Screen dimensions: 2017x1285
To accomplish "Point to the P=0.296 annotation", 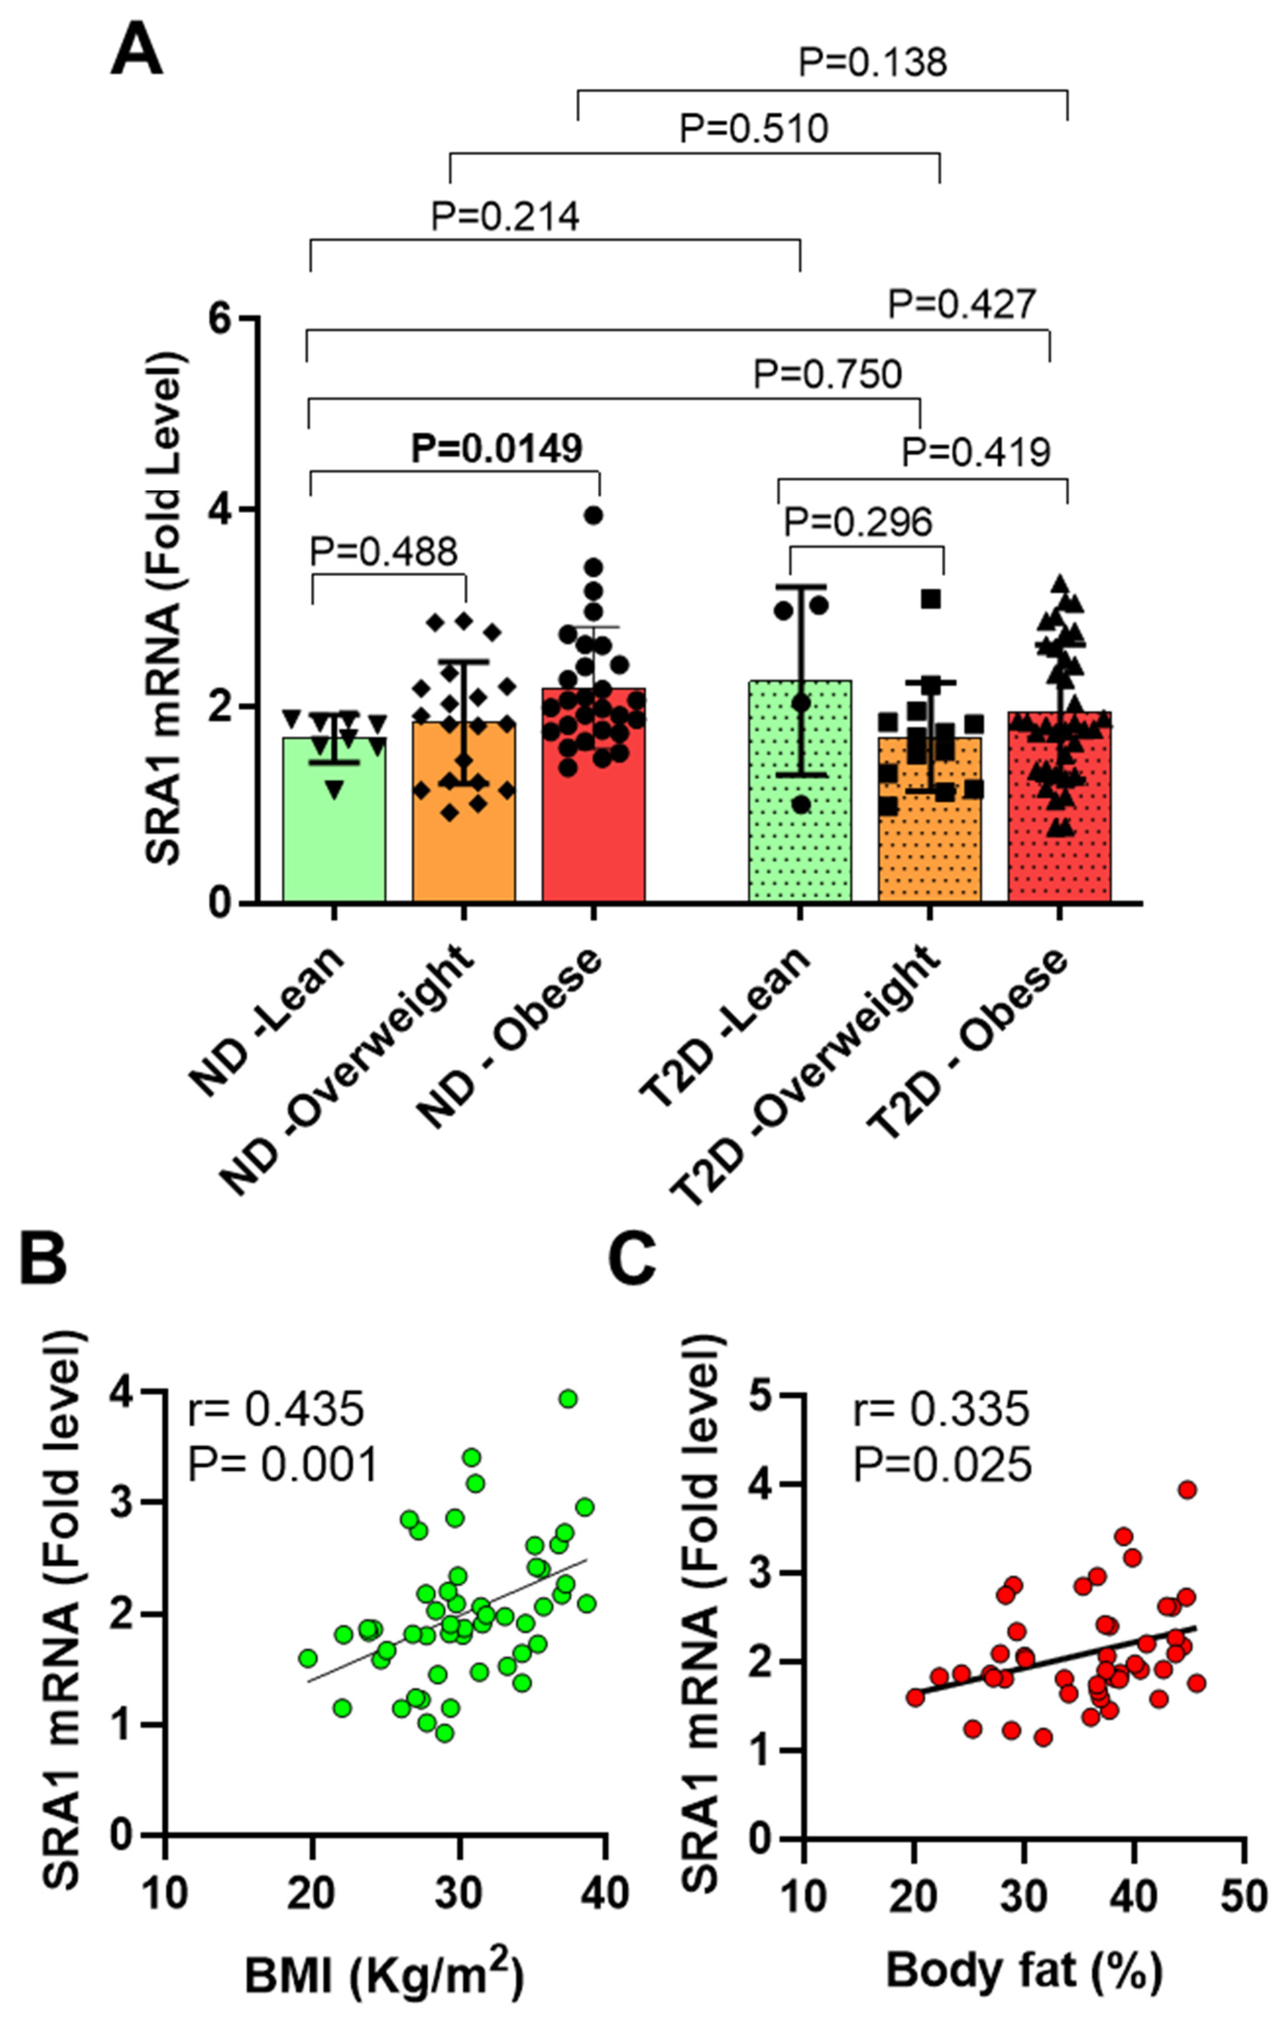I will tap(858, 523).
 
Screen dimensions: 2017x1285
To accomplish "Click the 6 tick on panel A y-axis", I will tap(221, 319).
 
